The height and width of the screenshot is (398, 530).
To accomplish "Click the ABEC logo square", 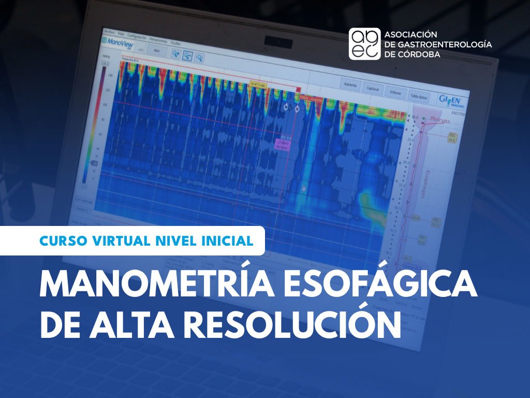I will click(x=364, y=44).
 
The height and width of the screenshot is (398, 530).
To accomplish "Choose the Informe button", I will click(x=395, y=92).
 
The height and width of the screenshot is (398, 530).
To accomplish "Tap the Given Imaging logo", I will click(x=447, y=98).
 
